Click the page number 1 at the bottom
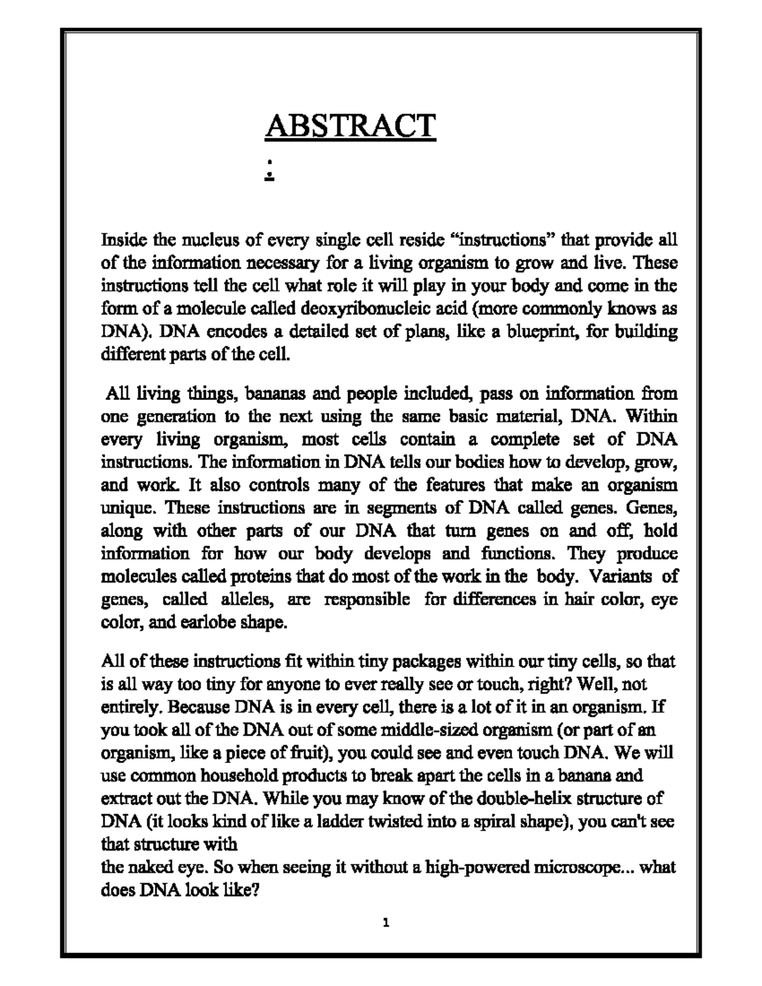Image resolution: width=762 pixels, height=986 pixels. click(x=385, y=923)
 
